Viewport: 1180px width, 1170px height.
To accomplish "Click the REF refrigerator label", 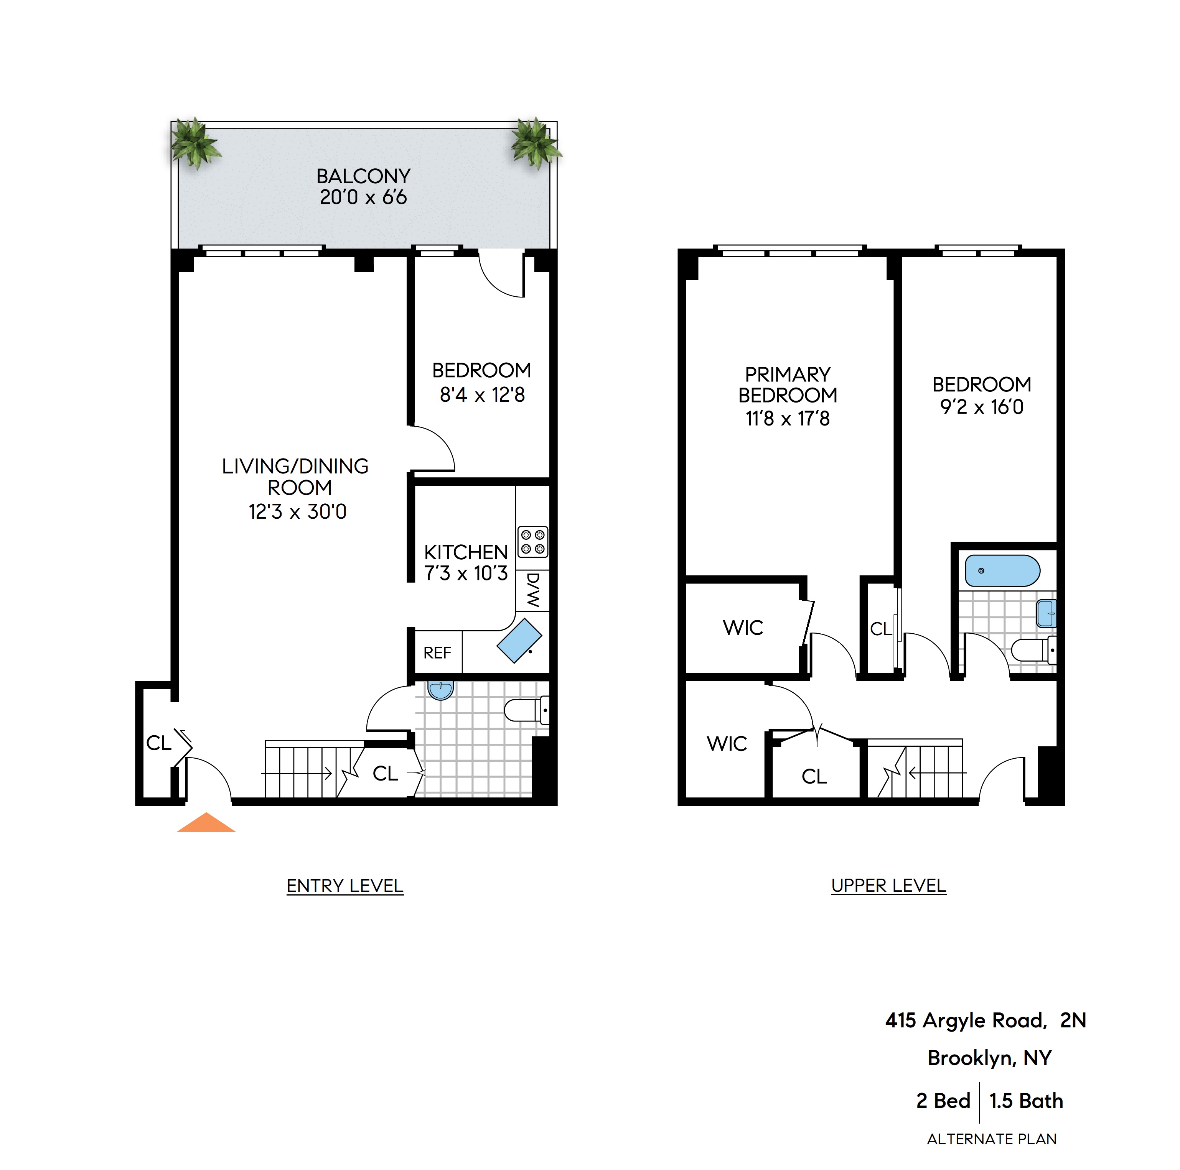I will coord(437,653).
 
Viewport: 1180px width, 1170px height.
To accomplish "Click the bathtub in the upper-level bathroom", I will coord(1002,571).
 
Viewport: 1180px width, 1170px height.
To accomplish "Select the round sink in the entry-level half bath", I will coord(440,690).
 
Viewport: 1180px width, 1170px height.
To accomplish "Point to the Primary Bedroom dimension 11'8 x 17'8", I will coord(787,419).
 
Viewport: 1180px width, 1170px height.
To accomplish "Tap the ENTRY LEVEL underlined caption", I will coord(345,886).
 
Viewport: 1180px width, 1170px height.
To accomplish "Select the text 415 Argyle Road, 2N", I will coord(985,1020).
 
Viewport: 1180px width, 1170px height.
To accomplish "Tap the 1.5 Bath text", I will coord(1026,1101).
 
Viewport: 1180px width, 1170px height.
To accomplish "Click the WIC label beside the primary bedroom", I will coord(743,628).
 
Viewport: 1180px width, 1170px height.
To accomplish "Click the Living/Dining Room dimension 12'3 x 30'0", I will coord(297,511).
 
